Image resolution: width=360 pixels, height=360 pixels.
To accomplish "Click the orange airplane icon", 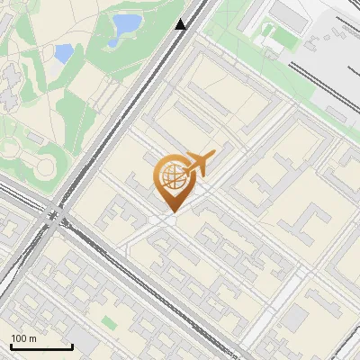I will coord(199,164).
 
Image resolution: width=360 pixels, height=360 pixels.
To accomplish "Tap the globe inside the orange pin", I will coord(172,176).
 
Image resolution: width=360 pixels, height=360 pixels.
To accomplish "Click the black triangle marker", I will coord(181,24).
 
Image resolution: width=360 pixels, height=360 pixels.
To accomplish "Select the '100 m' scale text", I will coord(24,338).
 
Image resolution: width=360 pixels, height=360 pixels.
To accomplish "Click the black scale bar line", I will coord(40,347).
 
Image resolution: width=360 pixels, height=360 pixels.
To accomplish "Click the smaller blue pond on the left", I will coord(64,53).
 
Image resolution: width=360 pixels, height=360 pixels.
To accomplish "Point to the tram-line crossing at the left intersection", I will coord(53,216).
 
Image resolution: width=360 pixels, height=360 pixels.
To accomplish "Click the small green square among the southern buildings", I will coord(109,321).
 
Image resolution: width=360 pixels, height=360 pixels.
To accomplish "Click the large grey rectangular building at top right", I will coord(290,13).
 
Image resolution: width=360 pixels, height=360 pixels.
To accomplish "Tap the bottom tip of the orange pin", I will coord(171,212).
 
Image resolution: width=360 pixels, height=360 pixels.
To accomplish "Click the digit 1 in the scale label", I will coord(14,338).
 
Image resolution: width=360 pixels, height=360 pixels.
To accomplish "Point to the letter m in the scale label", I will coord(33,338).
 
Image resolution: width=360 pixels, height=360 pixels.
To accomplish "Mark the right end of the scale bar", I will coord(71,347).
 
